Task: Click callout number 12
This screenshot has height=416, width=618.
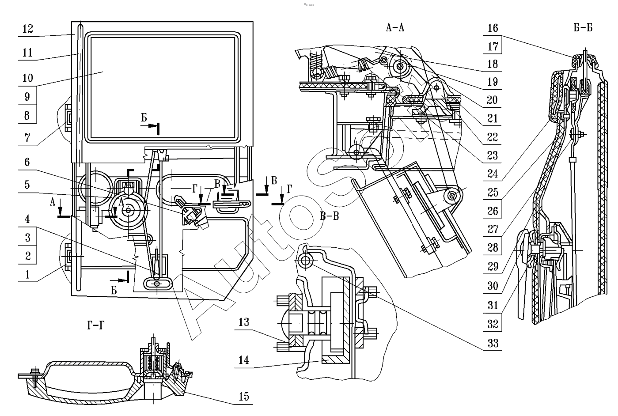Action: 27,29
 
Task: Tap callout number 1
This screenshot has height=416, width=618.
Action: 27,275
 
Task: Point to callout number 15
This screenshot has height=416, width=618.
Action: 244,397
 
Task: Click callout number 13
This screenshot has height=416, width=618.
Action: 243,322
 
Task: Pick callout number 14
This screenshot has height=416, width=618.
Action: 243,360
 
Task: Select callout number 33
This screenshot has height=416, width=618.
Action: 493,343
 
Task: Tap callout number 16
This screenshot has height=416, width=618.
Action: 493,28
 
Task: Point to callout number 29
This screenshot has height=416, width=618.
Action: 493,266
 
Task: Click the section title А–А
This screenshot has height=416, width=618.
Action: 395,28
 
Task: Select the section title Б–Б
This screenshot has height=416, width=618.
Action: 583,27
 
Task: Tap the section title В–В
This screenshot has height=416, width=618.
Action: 329,216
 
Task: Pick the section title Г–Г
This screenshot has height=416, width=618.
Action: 96,325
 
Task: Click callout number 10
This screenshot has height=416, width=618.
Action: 27,78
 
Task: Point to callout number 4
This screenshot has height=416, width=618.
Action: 27,219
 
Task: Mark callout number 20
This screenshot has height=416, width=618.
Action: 493,100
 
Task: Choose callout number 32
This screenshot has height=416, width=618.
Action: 493,324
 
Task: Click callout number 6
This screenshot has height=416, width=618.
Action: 27,162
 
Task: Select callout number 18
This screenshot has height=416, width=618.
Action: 493,64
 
